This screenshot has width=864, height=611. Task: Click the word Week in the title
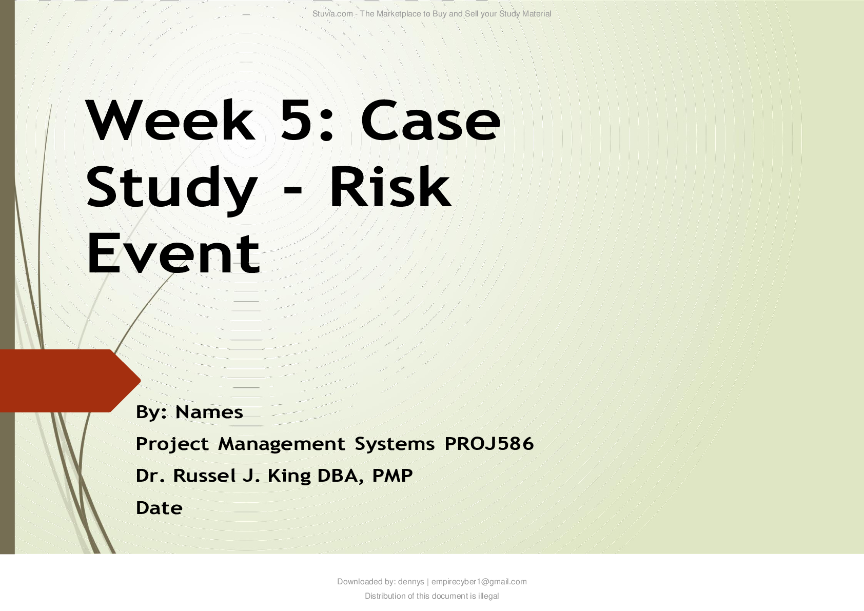pos(170,120)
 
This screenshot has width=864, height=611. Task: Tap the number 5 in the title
pos(296,121)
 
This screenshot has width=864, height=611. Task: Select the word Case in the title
pos(430,121)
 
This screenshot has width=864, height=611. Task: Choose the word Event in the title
pos(173,253)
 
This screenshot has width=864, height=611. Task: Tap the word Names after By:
pos(209,412)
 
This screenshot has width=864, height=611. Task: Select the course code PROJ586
pos(489,444)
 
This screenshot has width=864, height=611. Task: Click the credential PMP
pos(392,476)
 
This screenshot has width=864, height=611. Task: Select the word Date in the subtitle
pos(159,508)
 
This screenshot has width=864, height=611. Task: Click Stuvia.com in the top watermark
pos(332,14)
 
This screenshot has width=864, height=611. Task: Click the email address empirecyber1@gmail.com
pos(479,582)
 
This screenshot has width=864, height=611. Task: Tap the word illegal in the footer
pos(488,596)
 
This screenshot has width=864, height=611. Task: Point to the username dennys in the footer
pos(411,582)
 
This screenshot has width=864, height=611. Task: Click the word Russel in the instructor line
pos(204,476)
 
